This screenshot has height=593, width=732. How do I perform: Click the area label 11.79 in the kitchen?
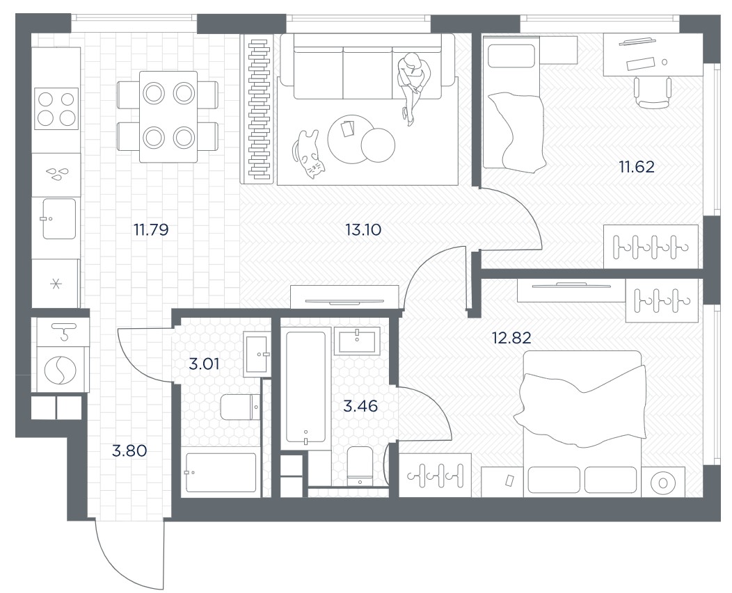tap(151, 229)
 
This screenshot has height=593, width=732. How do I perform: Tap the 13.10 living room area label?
tap(363, 229)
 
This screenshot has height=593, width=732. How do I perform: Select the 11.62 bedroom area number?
tap(637, 167)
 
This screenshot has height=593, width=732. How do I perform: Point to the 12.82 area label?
tap(511, 337)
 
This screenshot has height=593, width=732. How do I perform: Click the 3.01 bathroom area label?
tap(204, 364)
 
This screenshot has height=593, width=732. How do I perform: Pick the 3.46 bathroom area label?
tap(360, 406)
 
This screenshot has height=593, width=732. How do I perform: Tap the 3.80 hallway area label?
tap(130, 450)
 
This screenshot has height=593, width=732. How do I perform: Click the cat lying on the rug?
tap(308, 154)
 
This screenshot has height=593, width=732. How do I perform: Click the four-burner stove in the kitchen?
tap(56, 108)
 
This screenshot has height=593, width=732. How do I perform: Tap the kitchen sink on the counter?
tap(59, 218)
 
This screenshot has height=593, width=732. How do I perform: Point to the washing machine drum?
tap(61, 370)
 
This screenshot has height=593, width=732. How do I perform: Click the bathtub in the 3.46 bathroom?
tap(305, 387)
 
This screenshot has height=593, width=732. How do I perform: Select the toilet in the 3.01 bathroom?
tap(240, 407)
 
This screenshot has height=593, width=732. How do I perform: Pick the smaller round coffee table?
tap(378, 145)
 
